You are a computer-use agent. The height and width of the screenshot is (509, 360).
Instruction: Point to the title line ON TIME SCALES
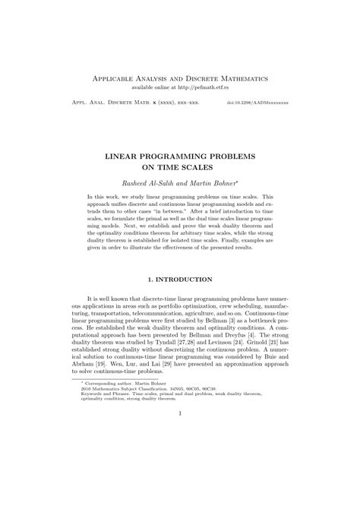[x=179, y=167]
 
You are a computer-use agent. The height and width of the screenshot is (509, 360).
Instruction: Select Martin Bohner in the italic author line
[x=211, y=184]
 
